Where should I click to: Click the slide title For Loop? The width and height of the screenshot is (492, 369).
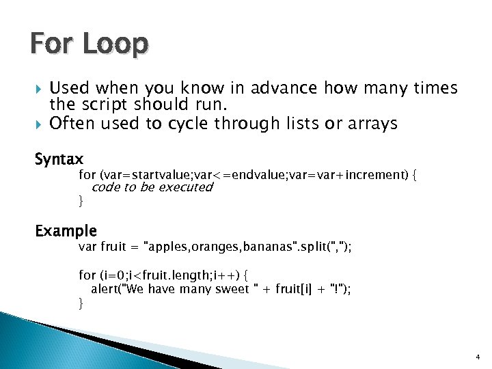pos(89,45)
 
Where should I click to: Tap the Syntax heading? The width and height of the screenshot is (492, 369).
pos(59,160)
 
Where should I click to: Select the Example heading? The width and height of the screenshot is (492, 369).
pos(66,231)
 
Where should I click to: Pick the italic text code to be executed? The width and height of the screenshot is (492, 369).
pos(152,187)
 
